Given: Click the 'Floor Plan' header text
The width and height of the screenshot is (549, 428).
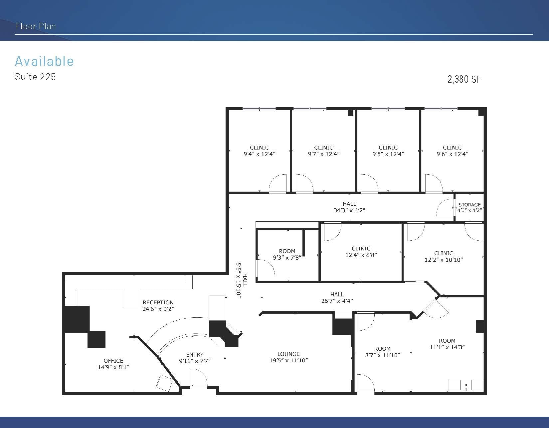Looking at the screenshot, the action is click(35, 26).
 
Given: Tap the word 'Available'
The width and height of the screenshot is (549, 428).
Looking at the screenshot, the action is click(44, 61).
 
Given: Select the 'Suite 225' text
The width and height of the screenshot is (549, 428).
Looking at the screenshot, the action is click(35, 77).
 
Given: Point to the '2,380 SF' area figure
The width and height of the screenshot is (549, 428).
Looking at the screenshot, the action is click(464, 79).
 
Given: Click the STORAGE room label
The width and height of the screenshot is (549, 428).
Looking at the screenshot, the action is click(469, 205).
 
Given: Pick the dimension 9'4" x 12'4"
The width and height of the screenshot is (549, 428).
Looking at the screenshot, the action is click(259, 154).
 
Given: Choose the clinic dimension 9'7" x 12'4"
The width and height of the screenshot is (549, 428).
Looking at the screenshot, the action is click(324, 154).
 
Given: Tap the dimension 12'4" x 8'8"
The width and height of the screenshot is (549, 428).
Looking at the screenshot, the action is click(361, 255).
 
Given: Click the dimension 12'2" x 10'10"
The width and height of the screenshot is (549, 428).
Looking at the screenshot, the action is click(444, 260).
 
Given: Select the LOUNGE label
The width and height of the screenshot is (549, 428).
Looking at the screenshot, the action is click(288, 354).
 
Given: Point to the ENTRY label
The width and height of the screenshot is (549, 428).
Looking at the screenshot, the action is click(195, 355).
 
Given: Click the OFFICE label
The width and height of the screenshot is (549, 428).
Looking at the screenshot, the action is click(113, 361).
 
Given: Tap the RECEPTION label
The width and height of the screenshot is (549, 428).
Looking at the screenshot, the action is click(158, 302).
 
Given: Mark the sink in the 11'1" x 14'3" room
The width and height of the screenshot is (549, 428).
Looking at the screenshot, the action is click(466, 385).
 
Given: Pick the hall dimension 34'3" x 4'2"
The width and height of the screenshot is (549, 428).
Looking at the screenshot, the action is click(349, 210).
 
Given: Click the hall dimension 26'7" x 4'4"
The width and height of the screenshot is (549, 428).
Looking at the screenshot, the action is click(337, 301).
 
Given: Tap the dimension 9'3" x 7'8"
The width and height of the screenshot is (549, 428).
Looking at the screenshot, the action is click(287, 258).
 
